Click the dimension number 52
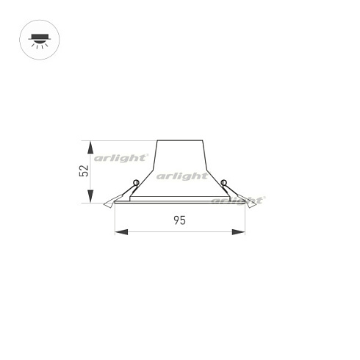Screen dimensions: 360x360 [x=84, y=171]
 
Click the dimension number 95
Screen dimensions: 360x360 [x=180, y=220]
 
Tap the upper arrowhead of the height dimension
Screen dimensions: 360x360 [x=90, y=148]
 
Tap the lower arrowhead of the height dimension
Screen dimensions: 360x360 [x=90, y=196]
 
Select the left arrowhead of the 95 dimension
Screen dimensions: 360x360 [x=121, y=232]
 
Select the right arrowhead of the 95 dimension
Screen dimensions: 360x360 [x=239, y=232]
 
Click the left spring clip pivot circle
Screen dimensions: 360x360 [x=136, y=183]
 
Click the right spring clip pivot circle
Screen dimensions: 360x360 [x=223, y=183]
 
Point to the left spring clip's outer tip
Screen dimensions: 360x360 [x=104, y=205]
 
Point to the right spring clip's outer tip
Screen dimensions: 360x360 [x=256, y=205]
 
